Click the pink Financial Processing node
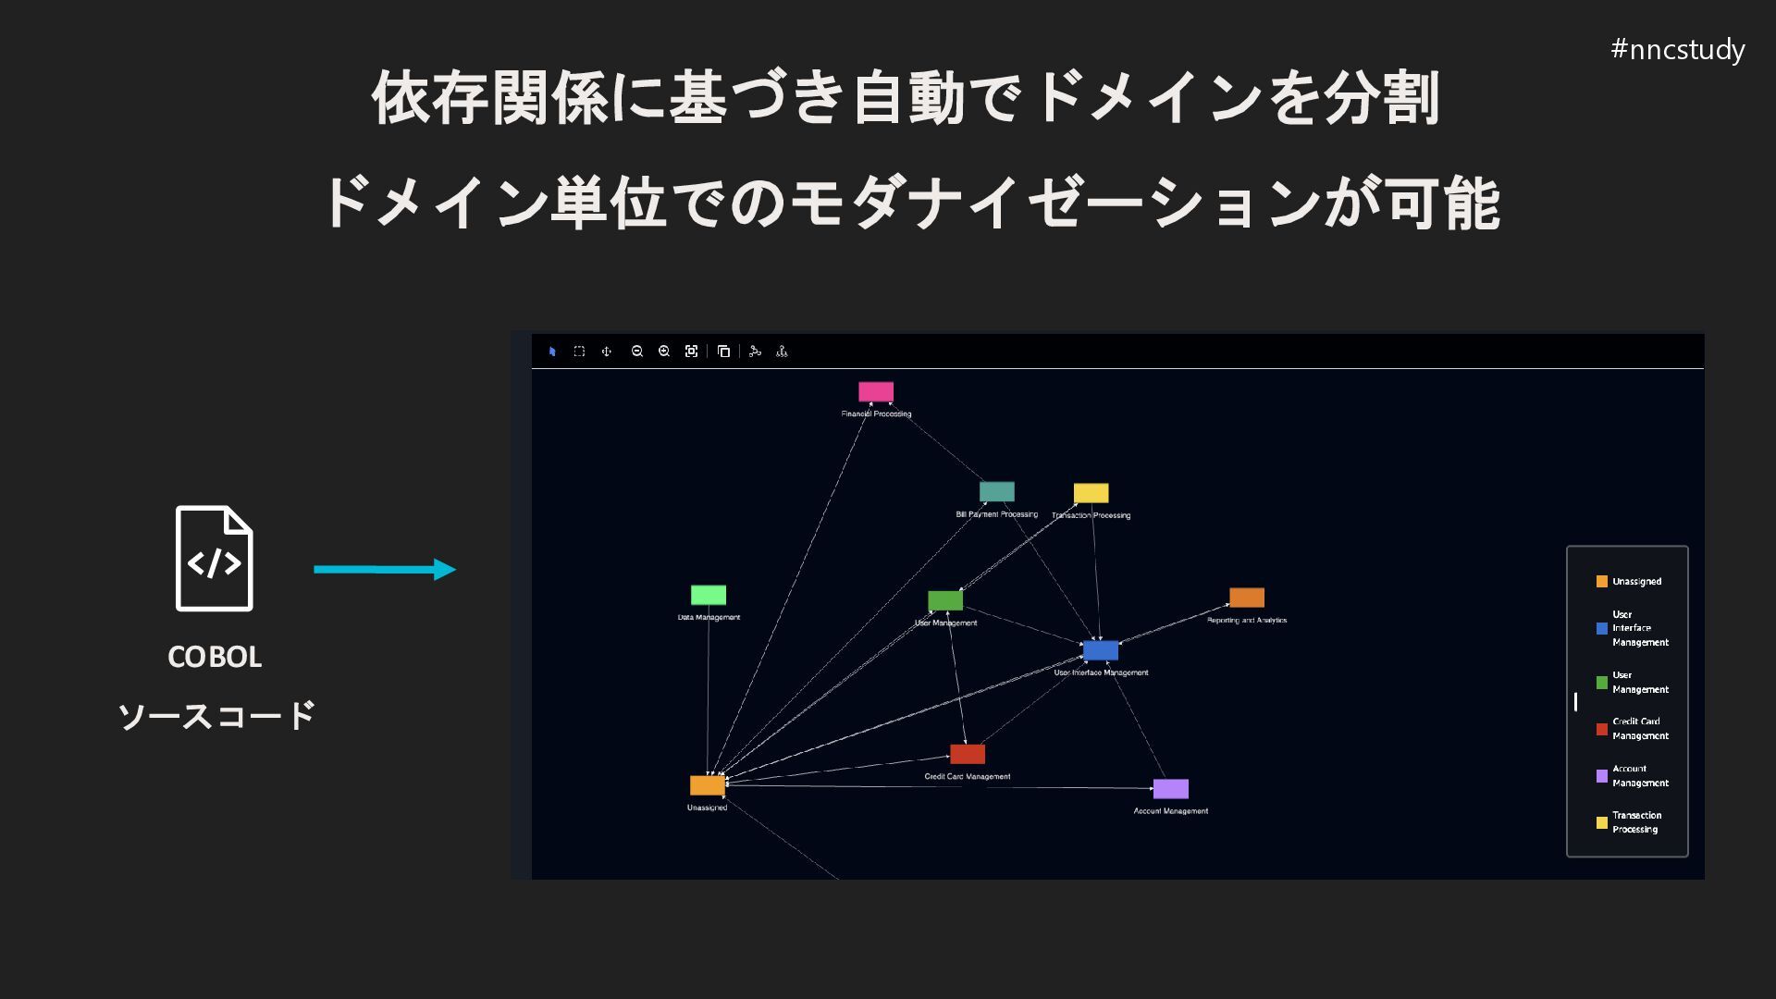(876, 391)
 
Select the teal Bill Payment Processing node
(996, 491)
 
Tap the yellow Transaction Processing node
(1091, 493)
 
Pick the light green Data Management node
(709, 595)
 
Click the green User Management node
(945, 600)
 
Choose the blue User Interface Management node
(1101, 650)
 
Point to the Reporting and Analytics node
(1247, 598)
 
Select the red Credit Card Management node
(968, 754)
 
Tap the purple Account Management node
(1170, 789)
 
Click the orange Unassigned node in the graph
(708, 785)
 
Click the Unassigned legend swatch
(1602, 582)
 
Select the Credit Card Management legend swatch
(1602, 729)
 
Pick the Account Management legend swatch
(1602, 776)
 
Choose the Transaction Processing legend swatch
(1602, 822)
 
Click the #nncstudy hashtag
(1677, 49)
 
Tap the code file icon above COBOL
(215, 559)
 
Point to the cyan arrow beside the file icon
(384, 569)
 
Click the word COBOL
(215, 657)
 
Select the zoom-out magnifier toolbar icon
(637, 351)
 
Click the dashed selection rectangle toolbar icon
(579, 351)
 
